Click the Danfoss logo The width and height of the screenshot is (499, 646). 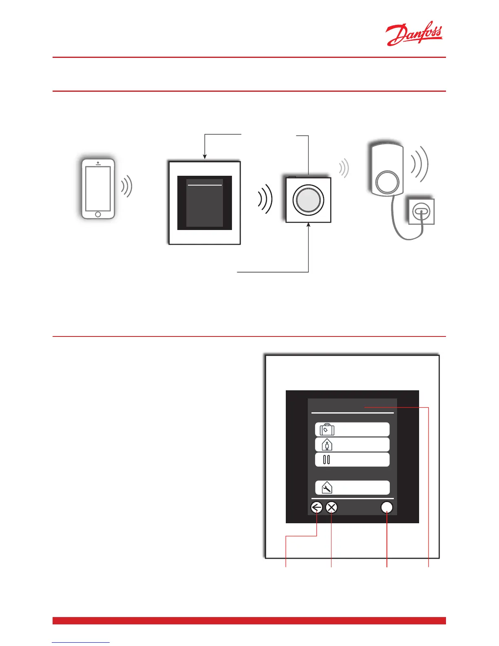414,35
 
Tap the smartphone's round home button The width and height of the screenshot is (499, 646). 98,215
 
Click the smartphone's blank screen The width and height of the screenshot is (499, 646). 98,188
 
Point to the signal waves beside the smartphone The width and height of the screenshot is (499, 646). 127,186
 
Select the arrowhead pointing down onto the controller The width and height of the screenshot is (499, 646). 205,157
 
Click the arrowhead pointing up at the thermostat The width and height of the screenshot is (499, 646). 309,225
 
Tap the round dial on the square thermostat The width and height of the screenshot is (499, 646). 308,200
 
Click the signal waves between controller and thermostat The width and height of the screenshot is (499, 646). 265,199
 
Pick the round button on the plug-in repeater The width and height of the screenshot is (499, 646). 387,182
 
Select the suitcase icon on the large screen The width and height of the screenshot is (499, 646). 327,429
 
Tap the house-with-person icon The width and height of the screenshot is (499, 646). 327,445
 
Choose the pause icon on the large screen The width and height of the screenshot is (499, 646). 326,460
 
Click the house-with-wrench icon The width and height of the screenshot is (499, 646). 327,487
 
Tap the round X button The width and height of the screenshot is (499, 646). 332,508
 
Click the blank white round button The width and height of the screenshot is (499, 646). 386,508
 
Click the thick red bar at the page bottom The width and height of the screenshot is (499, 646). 249,621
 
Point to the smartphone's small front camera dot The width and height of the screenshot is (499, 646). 98,163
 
